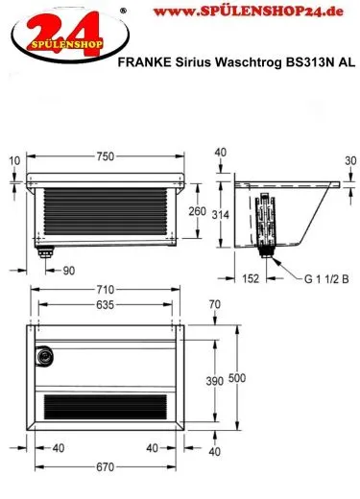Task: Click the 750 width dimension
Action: point(105,156)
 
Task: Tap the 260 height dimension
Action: point(197,211)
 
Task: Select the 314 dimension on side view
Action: point(221,215)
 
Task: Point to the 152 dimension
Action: point(251,278)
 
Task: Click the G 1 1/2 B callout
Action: point(326,279)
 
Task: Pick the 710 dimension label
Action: point(105,290)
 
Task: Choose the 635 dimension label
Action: point(105,304)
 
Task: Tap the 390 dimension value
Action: point(215,381)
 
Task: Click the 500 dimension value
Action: point(237,378)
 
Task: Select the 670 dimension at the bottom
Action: point(105,467)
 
